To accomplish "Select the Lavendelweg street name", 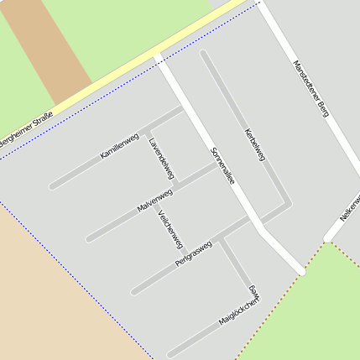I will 161,157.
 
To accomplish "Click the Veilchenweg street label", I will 170,228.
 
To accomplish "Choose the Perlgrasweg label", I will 194,255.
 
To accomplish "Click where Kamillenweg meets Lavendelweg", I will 146,131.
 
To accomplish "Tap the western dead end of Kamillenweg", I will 52,185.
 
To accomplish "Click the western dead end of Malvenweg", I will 89,239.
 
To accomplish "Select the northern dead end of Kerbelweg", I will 203,54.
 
